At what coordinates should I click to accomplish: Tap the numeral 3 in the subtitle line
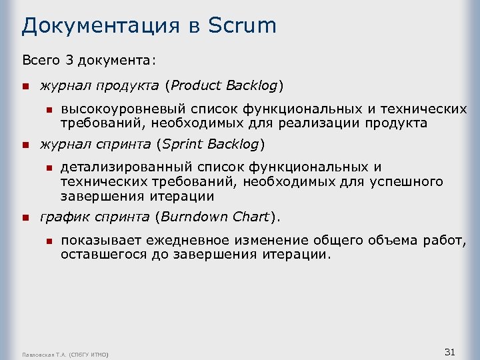tap(69, 61)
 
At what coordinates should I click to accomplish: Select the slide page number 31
tap(449, 351)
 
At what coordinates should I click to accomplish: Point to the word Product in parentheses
tap(197, 85)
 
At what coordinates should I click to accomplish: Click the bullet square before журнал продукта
tap(25, 86)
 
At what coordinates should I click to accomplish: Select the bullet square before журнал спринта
tap(25, 144)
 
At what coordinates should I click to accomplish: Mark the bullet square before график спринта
tap(25, 217)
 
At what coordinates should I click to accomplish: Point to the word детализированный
tap(127, 167)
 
